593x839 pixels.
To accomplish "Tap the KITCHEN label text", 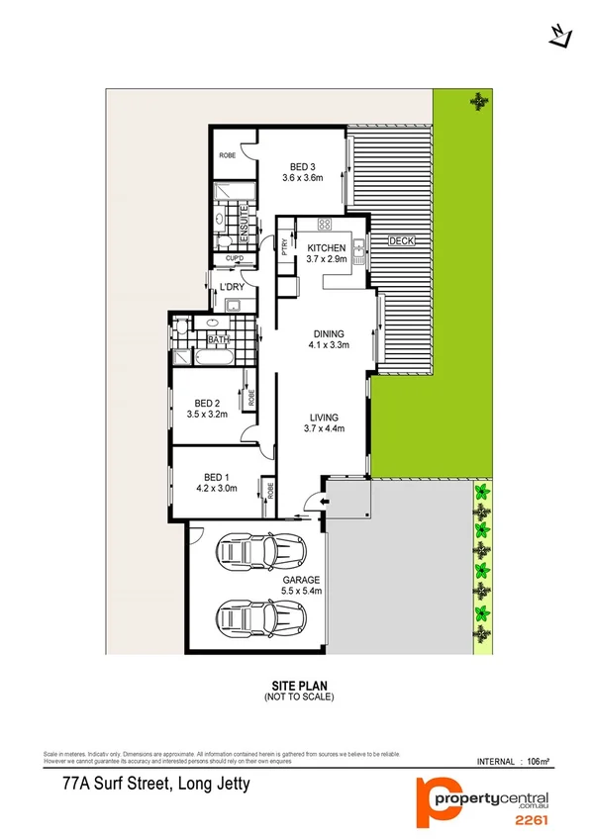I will coord(327,248).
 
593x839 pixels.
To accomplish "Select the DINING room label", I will coord(328,334).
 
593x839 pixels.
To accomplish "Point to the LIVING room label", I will coord(323,417).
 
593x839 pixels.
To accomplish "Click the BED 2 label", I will coord(208,403).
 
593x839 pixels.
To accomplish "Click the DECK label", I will coord(400,240).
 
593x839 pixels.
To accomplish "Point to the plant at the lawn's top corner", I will coord(480,100).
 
